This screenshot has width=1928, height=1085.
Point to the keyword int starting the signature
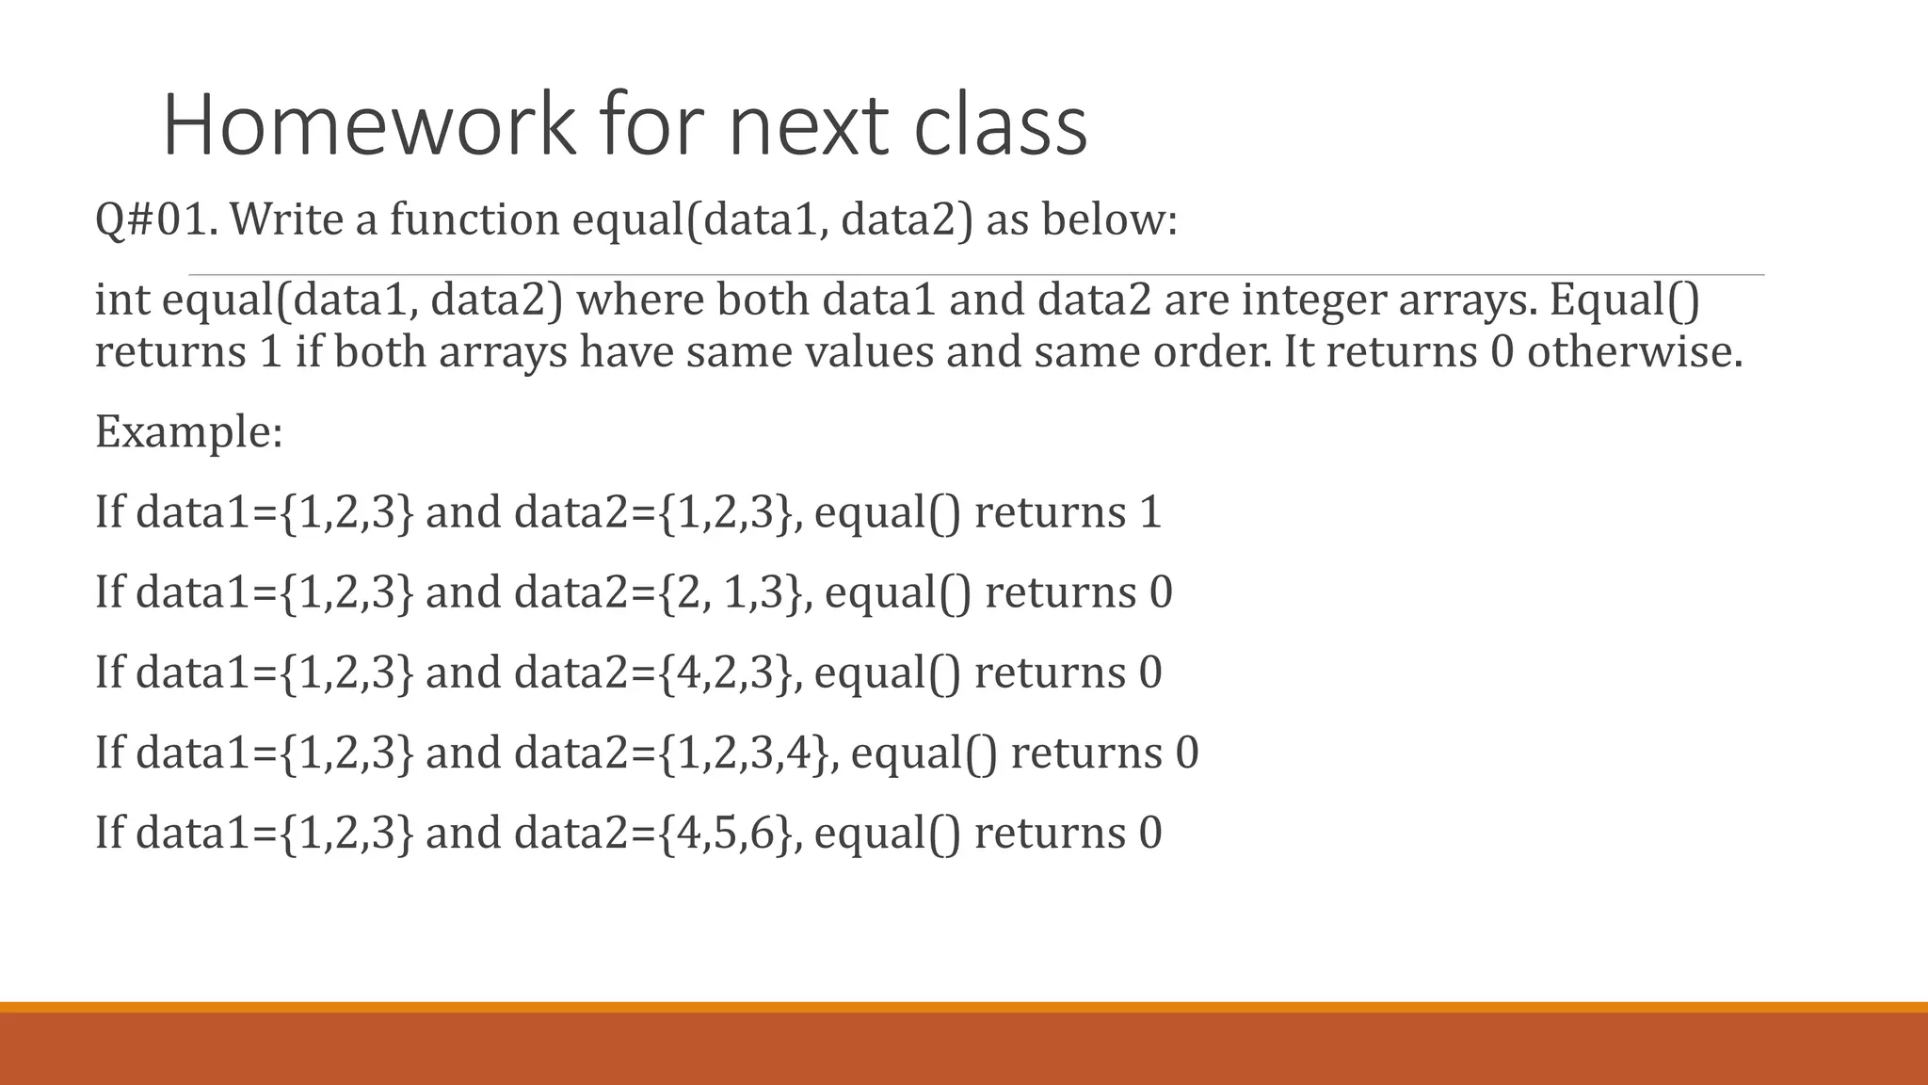pyautogui.click(x=122, y=300)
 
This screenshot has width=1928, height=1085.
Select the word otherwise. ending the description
pyautogui.click(x=1634, y=352)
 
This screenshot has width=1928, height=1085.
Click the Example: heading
pyautogui.click(x=188, y=432)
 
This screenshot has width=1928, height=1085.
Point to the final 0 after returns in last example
pyautogui.click(x=1150, y=833)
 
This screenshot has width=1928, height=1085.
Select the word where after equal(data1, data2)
pyautogui.click(x=640, y=300)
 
